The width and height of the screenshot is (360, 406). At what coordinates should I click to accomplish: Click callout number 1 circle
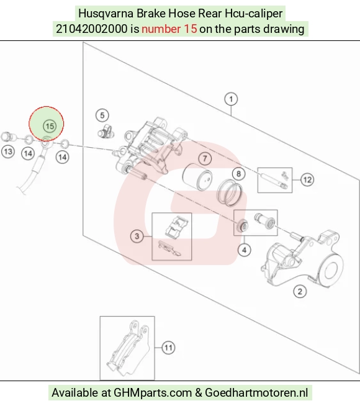231,99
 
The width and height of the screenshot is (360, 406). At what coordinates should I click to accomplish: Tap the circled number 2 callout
300,292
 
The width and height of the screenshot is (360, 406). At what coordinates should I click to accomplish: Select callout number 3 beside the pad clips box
137,236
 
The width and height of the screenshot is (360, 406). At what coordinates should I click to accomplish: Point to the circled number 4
244,250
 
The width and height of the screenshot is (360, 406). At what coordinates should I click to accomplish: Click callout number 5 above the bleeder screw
102,115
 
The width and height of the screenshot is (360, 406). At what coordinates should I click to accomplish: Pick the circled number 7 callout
205,158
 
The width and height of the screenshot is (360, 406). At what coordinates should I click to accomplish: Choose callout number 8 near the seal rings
238,174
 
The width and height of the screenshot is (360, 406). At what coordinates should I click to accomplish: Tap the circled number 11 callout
168,348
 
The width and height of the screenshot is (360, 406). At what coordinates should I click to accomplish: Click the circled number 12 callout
307,179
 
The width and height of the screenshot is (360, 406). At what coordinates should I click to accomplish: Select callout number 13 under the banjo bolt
8,151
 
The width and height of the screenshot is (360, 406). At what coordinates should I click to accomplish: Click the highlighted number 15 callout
50,126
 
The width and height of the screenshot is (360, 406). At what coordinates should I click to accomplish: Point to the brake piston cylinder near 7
197,177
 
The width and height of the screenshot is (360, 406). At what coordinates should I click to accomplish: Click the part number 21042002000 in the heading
92,29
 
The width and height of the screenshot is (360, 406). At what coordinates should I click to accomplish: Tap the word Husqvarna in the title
106,14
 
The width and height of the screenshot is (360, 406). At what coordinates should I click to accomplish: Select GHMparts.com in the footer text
153,393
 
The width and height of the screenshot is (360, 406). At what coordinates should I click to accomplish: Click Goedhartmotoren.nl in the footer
256,393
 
